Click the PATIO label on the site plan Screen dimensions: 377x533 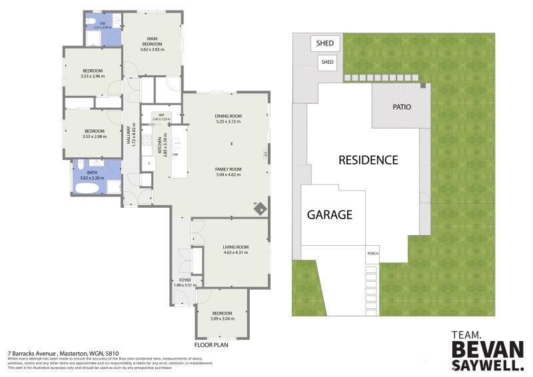tap(402, 107)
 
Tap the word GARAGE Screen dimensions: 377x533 tap(329, 214)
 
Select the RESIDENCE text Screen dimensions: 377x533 tap(368, 160)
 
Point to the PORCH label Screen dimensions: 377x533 tap(373, 254)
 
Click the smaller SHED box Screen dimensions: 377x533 tap(327, 63)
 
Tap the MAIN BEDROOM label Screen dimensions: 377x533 tap(152, 42)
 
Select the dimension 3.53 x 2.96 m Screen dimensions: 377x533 tap(93, 76)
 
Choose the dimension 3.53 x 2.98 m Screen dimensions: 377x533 tap(93, 136)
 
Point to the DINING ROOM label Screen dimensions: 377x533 tap(228, 116)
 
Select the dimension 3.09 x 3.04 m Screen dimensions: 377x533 tap(222, 318)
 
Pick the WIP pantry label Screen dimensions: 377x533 tap(161, 115)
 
